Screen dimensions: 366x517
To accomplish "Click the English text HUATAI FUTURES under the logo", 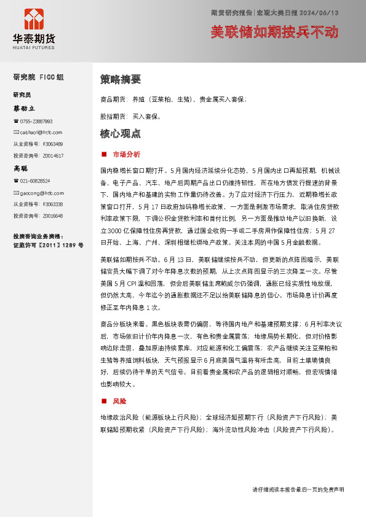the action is point(34,47).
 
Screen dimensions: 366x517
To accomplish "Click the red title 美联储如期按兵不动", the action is point(274,32).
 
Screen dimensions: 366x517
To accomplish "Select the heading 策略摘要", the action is point(121,79).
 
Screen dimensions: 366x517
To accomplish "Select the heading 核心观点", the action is point(121,133).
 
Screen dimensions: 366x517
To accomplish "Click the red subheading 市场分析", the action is point(126,154).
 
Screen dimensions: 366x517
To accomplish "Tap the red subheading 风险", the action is point(119,401).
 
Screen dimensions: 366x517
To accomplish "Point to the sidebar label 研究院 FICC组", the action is point(38,77).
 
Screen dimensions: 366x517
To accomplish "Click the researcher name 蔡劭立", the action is point(25,108).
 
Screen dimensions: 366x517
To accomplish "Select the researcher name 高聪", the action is point(21,168).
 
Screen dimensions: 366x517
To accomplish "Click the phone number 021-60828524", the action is point(34,181).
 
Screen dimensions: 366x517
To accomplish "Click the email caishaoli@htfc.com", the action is point(41,132).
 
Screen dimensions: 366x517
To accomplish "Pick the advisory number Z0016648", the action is point(53,216).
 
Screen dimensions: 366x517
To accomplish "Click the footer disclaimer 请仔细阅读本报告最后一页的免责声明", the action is point(298,489).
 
